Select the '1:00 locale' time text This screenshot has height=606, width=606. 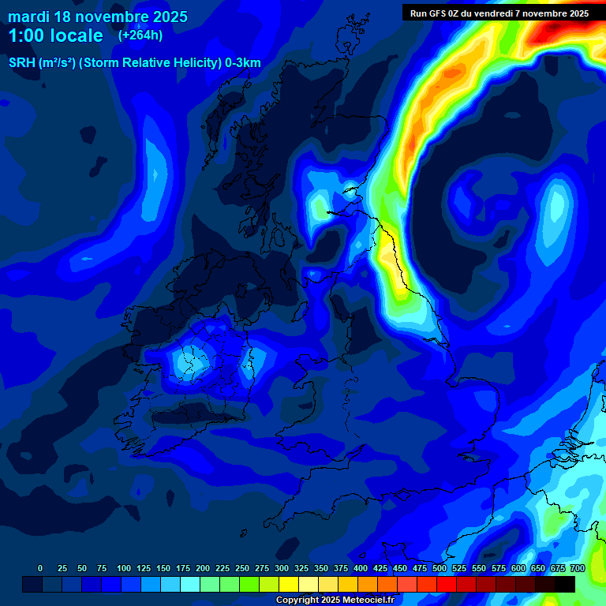tap(55, 36)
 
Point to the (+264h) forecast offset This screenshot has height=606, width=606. tap(141, 36)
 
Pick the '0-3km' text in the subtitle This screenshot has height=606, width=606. tap(243, 63)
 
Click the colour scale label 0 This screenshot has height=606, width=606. tap(40, 569)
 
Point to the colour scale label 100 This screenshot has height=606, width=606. tap(124, 569)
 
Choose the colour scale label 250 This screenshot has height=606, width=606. tap(242, 569)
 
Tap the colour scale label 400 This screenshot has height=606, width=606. tap(361, 569)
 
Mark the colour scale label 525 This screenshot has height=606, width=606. tap(459, 569)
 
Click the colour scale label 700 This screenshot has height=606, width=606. tap(578, 569)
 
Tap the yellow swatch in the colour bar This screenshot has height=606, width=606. tap(289, 584)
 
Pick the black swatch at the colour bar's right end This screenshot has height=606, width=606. tap(565, 584)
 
